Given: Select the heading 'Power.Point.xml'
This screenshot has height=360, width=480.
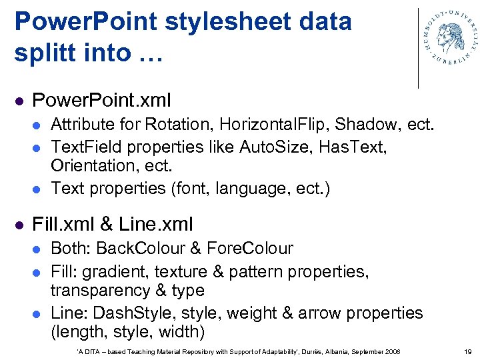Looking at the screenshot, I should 101,101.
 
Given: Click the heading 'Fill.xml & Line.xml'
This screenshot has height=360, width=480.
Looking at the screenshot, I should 113,223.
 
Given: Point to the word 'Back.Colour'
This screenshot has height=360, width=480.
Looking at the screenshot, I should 141,249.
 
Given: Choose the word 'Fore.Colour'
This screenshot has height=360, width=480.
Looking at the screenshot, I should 250,249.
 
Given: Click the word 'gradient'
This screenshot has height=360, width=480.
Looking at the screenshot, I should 117,271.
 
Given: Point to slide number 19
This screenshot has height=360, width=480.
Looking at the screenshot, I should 467,351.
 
